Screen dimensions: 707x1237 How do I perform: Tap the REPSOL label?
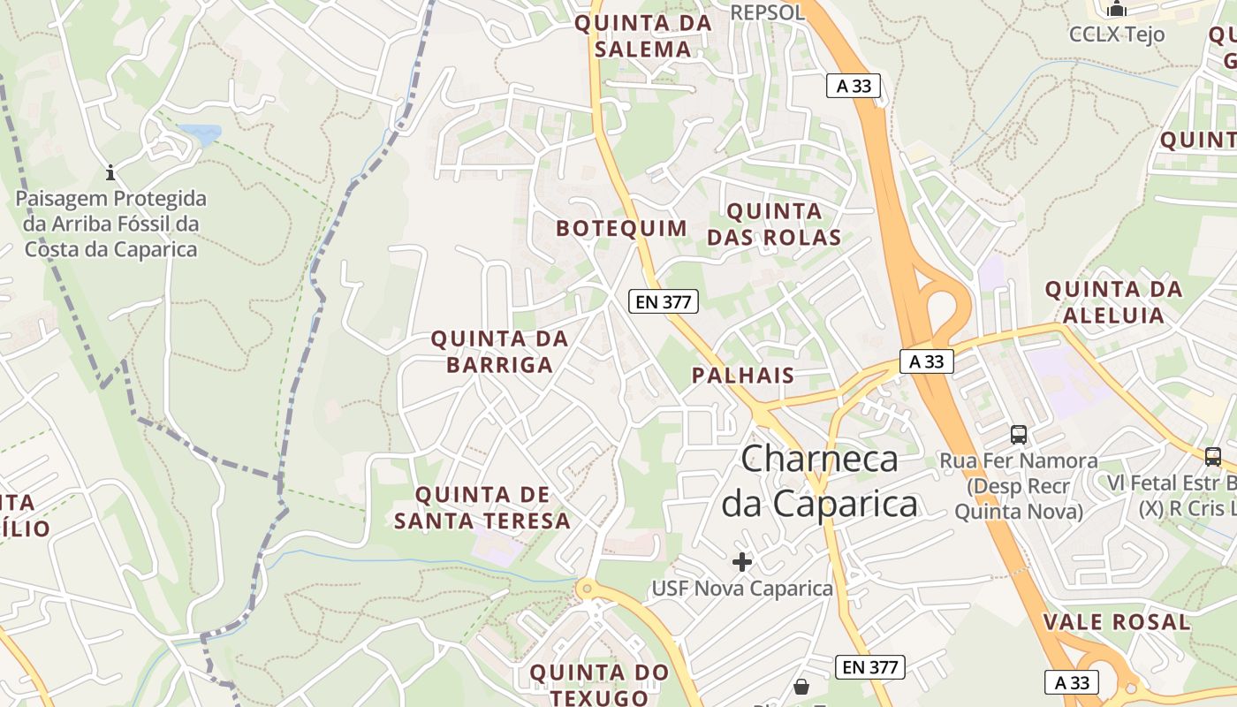[x=768, y=12]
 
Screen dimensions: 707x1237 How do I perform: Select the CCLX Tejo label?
[x=1117, y=34]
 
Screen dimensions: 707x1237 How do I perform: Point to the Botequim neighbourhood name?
[x=621, y=228]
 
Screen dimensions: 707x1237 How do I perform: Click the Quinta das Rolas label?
[x=774, y=224]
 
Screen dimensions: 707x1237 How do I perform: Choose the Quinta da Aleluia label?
[x=1113, y=302]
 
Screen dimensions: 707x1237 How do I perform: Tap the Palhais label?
[x=743, y=376]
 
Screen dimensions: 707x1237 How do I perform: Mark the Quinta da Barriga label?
[x=499, y=352]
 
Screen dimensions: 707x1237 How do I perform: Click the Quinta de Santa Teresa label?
[x=482, y=508]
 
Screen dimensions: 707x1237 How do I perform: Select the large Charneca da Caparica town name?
[x=820, y=482]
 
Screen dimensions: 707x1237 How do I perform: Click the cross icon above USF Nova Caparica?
[x=742, y=562]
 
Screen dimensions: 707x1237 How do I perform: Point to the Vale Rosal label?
[x=1117, y=622]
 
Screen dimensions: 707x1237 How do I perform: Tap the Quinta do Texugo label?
[x=599, y=685]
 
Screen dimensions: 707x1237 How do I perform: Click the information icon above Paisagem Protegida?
[x=110, y=171]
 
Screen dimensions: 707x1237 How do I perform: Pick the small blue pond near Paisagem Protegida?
[x=201, y=134]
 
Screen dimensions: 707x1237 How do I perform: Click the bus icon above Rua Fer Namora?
[x=1019, y=435]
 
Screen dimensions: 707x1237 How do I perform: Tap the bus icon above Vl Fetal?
[x=1213, y=457]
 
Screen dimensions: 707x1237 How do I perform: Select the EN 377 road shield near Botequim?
[x=664, y=301]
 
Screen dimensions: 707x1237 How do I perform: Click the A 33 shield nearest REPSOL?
[x=854, y=86]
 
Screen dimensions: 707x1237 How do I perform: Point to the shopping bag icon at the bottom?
[x=801, y=686]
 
